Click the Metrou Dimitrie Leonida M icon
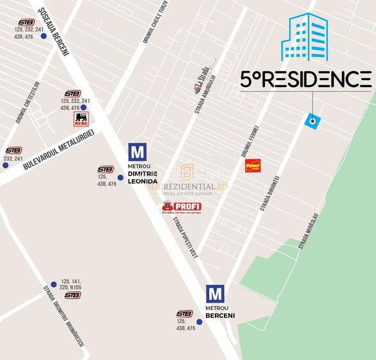click(x=137, y=152)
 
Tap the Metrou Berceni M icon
click(x=215, y=294)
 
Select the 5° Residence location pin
click(x=312, y=120)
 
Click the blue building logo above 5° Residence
click(x=304, y=36)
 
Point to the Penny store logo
click(x=253, y=166)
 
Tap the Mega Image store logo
click(x=81, y=119)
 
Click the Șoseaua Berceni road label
click(x=54, y=31)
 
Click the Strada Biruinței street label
click(x=270, y=192)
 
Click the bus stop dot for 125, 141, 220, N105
click(x=54, y=285)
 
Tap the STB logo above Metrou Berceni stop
click(x=184, y=313)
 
